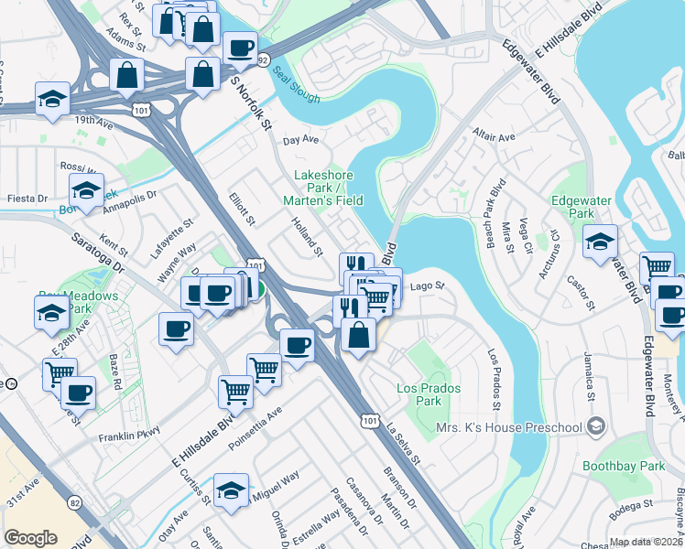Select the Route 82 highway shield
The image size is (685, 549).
[x=75, y=502]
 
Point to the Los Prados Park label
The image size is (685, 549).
[x=428, y=394]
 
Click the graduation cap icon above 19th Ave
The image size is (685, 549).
[x=53, y=98]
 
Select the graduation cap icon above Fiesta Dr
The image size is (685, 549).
[x=86, y=189]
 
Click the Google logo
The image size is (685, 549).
[x=30, y=538]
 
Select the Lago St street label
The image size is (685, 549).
[x=427, y=285]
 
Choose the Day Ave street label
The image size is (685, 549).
[x=299, y=140]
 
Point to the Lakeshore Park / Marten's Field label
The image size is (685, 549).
[x=328, y=188]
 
